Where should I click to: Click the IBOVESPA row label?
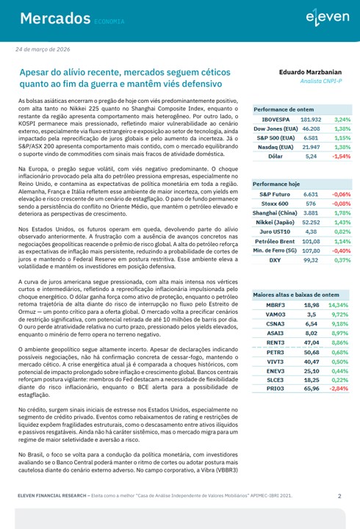(x=274, y=118)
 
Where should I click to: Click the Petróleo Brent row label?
(x=274, y=241)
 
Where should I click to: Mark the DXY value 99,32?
(x=312, y=260)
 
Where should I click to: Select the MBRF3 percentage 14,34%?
(x=339, y=304)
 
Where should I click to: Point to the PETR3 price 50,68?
(x=312, y=352)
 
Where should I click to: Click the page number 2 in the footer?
(x=339, y=496)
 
